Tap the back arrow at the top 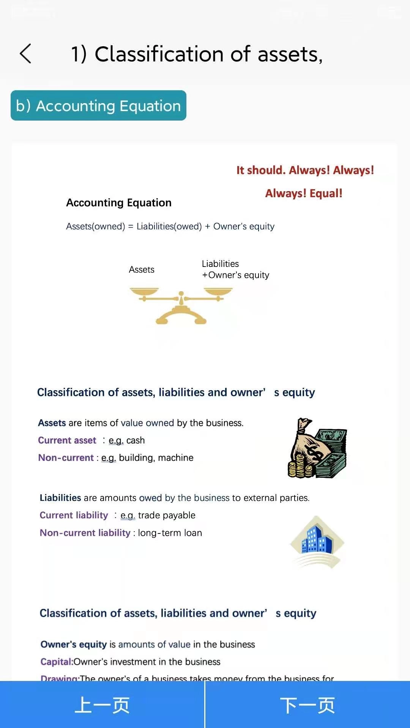click(25, 53)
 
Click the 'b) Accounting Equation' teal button click(98, 106)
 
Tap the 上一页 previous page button click(102, 705)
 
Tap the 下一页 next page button click(307, 705)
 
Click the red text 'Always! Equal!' click(304, 193)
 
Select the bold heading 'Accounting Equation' click(119, 203)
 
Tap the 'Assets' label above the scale click(142, 270)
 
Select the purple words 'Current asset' click(67, 440)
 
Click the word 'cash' click(136, 440)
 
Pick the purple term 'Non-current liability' click(85, 533)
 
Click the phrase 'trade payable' click(167, 515)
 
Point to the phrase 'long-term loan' click(170, 533)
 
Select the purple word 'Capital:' click(57, 662)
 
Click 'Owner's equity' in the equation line click(244, 226)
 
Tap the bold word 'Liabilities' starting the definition click(60, 498)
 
